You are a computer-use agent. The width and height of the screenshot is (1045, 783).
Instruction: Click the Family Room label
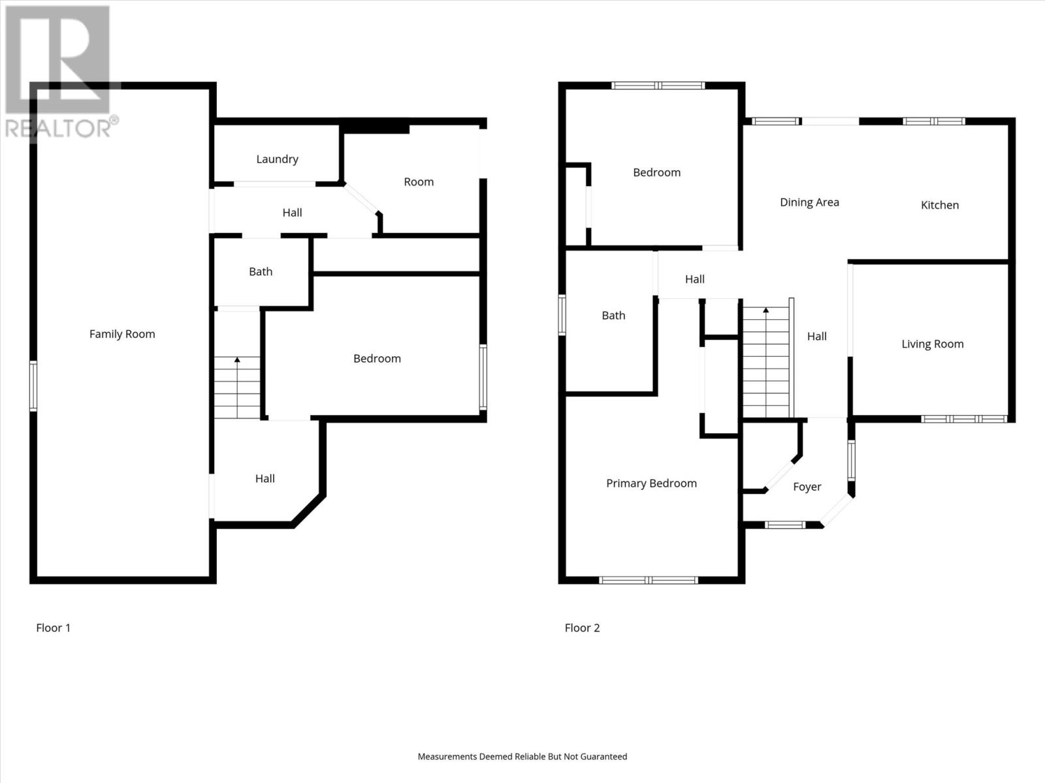122,334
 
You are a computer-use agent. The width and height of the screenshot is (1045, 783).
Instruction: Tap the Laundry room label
277,159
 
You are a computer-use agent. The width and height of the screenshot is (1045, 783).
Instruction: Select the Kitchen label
939,205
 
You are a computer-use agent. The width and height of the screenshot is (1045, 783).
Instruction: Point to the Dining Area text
809,202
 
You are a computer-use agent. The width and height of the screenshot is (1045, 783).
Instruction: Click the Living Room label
932,344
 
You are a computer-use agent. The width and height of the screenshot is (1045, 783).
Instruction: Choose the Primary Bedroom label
651,484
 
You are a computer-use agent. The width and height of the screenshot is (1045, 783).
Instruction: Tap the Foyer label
807,487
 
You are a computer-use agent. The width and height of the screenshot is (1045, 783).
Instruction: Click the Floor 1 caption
53,628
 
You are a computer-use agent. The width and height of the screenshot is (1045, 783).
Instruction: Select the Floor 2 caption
582,628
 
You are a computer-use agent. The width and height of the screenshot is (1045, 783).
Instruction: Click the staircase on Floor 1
237,388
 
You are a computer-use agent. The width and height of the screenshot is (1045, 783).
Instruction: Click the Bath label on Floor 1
261,271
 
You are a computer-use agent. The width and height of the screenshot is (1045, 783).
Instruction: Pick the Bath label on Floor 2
613,316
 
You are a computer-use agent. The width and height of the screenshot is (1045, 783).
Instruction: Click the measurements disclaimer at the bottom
522,757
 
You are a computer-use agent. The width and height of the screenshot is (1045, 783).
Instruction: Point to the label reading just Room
418,182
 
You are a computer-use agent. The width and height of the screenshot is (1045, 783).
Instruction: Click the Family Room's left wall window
33,386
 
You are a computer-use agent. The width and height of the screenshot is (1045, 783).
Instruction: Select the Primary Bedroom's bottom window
649,579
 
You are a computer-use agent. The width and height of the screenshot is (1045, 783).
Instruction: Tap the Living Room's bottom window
964,419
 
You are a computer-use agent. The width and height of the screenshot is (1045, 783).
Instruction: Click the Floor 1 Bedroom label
377,359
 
